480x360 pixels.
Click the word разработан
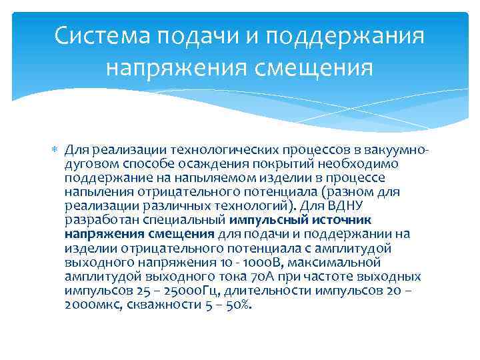97,219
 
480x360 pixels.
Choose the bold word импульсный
263,219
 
